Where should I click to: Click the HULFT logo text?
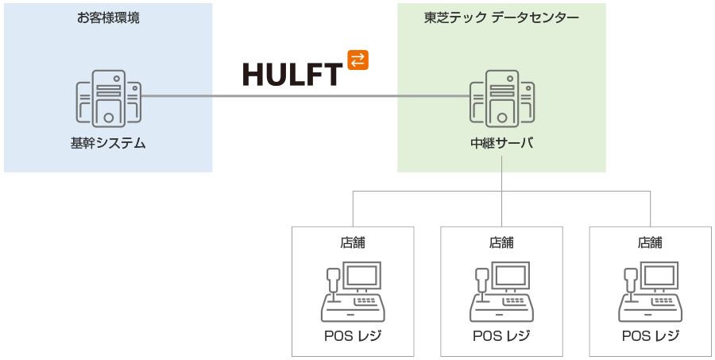292,74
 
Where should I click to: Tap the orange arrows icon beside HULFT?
358,60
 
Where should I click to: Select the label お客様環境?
108,17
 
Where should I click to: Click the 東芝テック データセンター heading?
501,17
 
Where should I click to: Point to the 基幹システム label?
108,143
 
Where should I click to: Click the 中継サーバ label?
501,143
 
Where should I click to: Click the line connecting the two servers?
302,96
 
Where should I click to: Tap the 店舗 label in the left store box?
353,242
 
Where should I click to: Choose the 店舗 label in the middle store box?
501,242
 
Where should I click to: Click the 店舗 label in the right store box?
650,242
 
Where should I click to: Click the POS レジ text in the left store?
353,335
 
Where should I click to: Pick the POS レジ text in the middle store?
501,335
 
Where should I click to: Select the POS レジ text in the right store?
650,335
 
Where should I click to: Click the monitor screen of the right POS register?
659,276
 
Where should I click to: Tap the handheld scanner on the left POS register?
332,279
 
